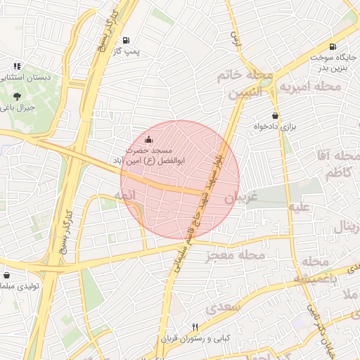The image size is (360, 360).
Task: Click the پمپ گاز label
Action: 128,52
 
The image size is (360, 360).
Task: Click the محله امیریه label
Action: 310,86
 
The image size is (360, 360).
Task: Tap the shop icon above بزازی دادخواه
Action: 275,115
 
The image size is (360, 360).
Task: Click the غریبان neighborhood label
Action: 242,199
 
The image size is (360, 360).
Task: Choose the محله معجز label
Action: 236,256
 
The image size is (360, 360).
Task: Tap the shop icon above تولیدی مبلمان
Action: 6,276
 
